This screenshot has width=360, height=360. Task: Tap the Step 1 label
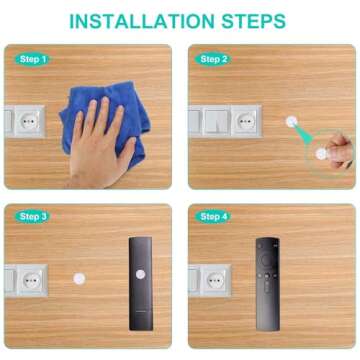point(33,60)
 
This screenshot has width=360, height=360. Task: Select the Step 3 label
point(33,216)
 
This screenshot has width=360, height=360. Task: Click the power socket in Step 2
point(244,121)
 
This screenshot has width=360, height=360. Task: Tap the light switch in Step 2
point(213,121)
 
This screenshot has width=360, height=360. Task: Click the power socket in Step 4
point(212,279)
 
